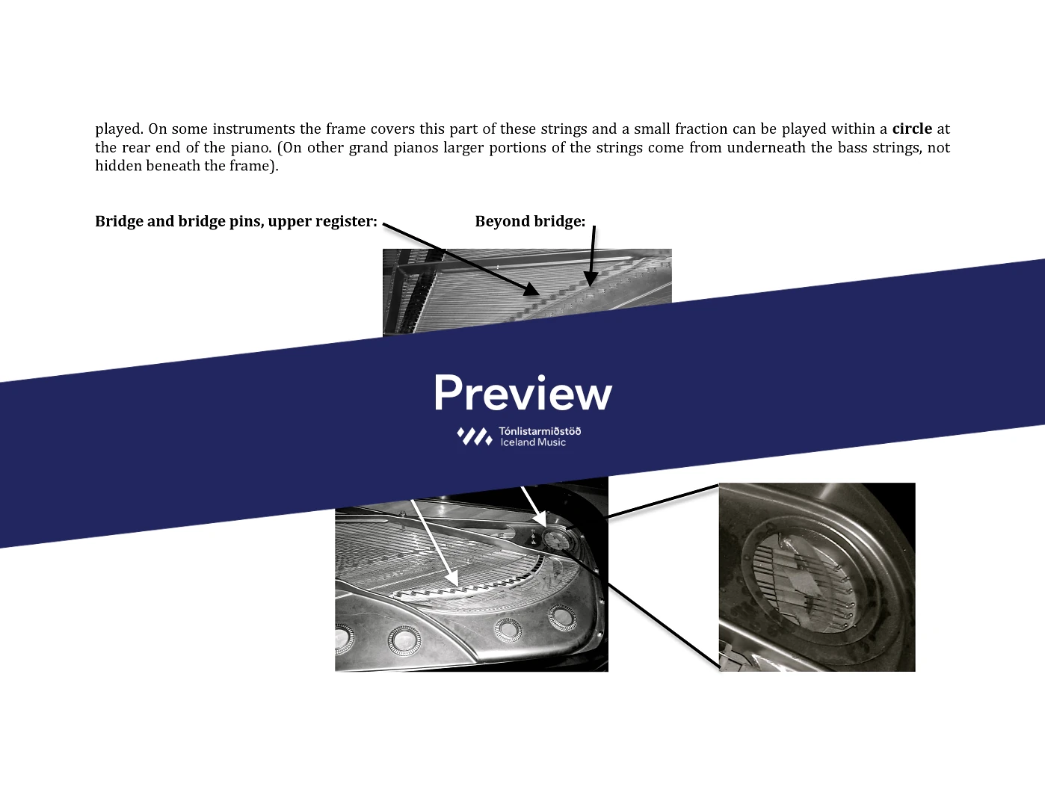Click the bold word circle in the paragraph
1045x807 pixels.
click(x=912, y=129)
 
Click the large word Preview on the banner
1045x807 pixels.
click(x=523, y=393)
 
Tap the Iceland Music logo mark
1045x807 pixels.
click(x=475, y=436)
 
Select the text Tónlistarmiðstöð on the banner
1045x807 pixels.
click(x=540, y=431)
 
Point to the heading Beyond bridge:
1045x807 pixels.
click(x=530, y=221)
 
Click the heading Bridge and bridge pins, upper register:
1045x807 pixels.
click(x=236, y=222)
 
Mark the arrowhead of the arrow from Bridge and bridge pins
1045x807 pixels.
click(x=531, y=289)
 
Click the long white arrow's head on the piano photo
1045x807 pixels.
click(x=452, y=580)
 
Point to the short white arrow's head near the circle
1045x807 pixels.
click(x=540, y=519)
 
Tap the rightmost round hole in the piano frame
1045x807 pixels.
click(x=561, y=618)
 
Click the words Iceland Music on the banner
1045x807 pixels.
click(x=533, y=442)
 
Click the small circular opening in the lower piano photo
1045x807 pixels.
click(x=557, y=539)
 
